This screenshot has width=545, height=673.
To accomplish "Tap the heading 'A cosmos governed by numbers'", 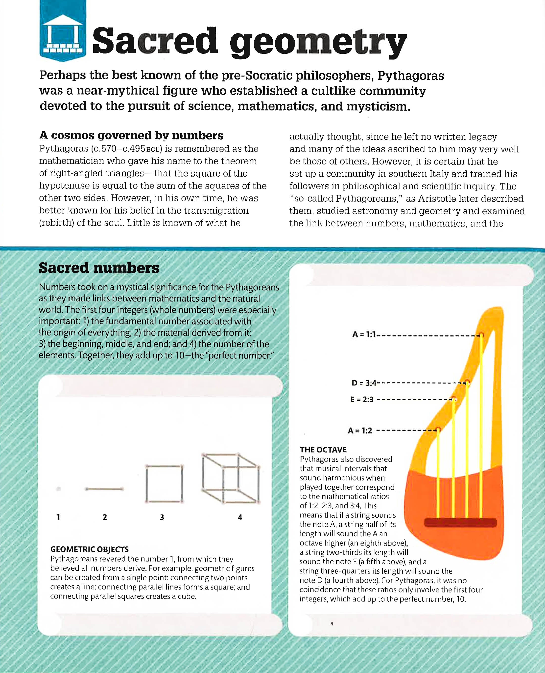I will coord(131,135).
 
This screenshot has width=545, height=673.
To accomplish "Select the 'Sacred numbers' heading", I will coord(99,268).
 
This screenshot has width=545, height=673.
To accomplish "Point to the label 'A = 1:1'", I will coord(364,334).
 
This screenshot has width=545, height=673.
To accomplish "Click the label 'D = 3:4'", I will coord(364,383).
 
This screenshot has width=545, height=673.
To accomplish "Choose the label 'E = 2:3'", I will coord(362,400).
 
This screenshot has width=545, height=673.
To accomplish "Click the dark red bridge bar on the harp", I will coord(460,523).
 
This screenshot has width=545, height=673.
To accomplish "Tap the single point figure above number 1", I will coord(58,489).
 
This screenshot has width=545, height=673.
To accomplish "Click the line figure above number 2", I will coord(104,489).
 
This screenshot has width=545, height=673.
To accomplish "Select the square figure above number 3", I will coord(164,484).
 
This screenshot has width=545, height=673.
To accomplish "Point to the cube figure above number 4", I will coord(231,478).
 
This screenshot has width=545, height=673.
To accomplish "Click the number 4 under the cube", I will coord(240,517).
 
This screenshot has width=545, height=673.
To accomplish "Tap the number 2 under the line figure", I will coord(105,517).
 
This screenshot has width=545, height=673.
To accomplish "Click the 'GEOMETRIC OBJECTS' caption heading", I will coord(90,549).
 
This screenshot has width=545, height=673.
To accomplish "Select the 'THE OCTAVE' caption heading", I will coord(323,450).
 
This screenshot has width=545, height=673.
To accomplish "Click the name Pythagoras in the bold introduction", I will coord(411,76).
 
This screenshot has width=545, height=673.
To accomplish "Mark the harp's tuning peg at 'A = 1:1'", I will coord(481,335).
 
